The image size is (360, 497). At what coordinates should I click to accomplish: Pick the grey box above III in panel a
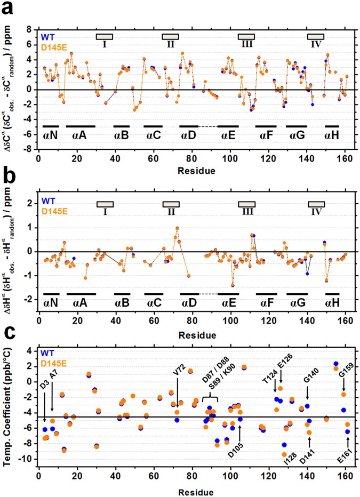[246, 36]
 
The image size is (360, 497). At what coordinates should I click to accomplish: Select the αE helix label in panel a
[231, 135]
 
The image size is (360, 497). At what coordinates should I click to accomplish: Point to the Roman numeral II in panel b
[171, 212]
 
